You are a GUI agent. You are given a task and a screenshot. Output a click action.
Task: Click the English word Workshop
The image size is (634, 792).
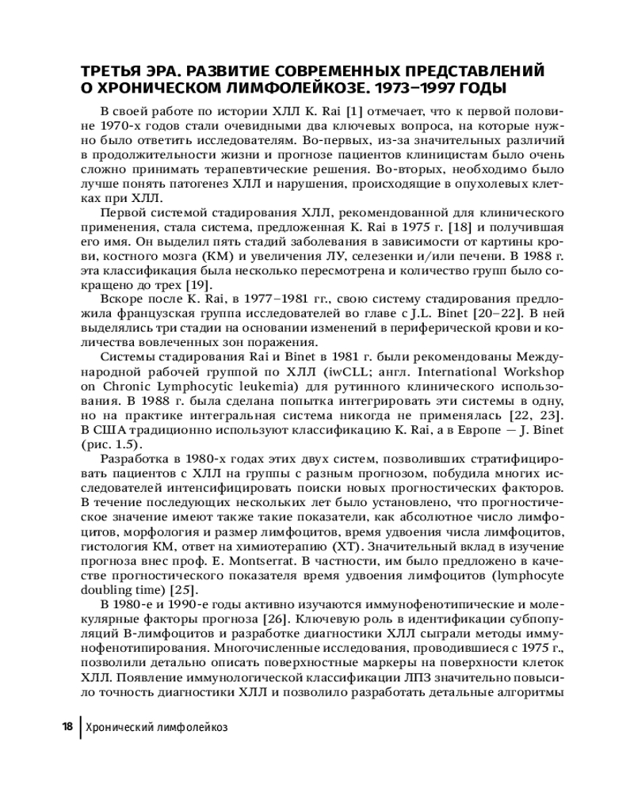(533, 371)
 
